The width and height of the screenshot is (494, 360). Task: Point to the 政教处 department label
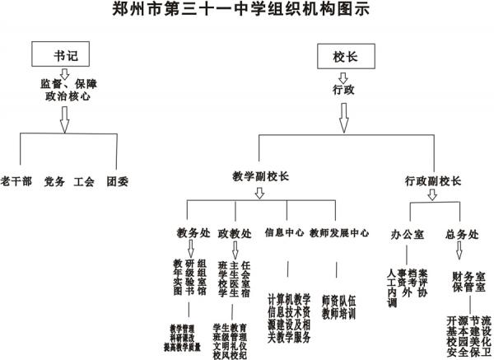click(x=234, y=233)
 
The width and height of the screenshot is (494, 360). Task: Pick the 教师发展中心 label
click(x=339, y=233)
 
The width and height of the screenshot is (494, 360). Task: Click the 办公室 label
click(x=408, y=235)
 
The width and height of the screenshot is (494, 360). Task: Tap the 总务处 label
click(x=459, y=235)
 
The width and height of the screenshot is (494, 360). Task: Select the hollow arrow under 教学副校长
click(x=260, y=193)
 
